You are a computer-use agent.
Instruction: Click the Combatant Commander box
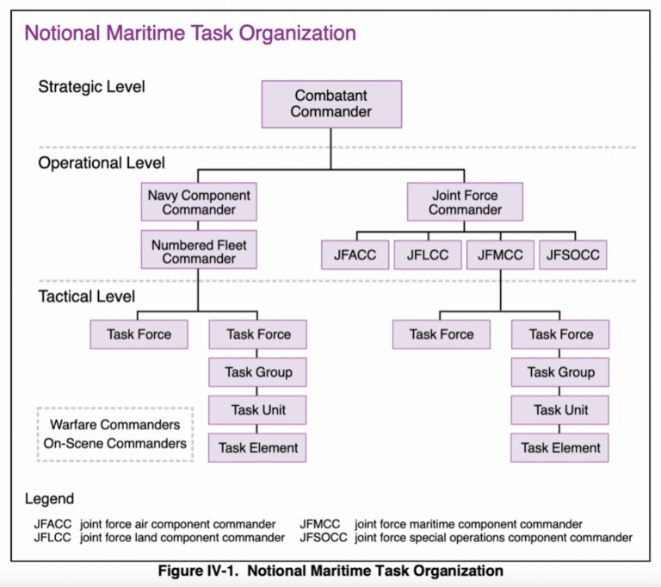(x=331, y=103)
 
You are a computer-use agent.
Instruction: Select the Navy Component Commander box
(x=199, y=203)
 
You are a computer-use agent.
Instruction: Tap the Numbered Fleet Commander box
(x=199, y=252)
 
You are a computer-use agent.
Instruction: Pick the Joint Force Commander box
(x=465, y=203)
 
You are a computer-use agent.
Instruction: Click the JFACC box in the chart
(x=356, y=255)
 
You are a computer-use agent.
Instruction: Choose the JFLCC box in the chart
(x=428, y=255)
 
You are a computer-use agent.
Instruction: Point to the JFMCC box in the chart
(x=500, y=255)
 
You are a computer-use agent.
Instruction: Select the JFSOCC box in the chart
(x=572, y=255)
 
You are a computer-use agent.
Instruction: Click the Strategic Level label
(x=91, y=86)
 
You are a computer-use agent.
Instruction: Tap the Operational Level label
(x=101, y=162)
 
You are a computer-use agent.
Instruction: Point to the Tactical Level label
(x=86, y=297)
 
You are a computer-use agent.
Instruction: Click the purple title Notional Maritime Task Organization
(x=189, y=34)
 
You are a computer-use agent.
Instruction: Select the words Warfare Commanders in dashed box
(x=115, y=425)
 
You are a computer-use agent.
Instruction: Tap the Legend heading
(x=49, y=498)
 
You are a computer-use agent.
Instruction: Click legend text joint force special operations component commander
(x=493, y=537)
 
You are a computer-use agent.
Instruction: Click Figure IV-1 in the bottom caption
(x=201, y=571)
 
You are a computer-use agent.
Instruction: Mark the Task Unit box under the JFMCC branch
(x=560, y=410)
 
